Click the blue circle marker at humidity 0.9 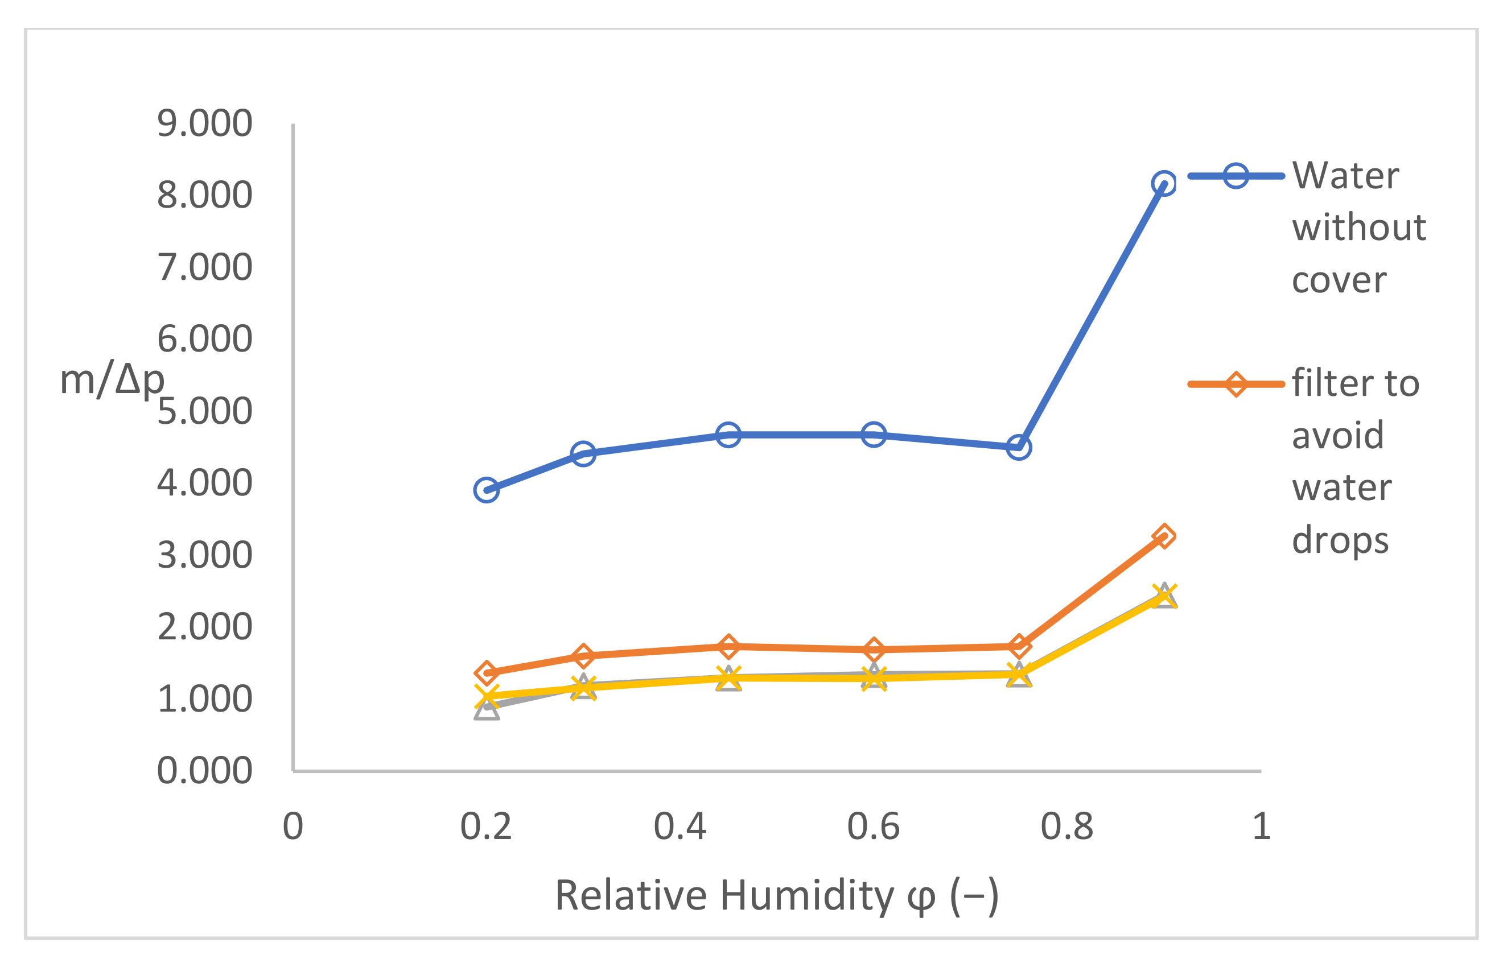pyautogui.click(x=1164, y=183)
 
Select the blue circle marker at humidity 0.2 pyautogui.click(x=487, y=490)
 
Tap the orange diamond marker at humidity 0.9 pyautogui.click(x=1164, y=536)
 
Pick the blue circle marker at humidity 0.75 pyautogui.click(x=1019, y=448)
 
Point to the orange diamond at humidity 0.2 pyautogui.click(x=487, y=673)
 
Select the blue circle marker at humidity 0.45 pyautogui.click(x=728, y=435)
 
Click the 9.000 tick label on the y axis pyautogui.click(x=205, y=123)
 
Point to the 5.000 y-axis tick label pyautogui.click(x=205, y=411)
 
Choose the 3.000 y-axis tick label pyautogui.click(x=205, y=555)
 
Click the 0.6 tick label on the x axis pyautogui.click(x=874, y=827)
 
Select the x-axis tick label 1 pyautogui.click(x=1261, y=827)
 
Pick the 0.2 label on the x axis pyautogui.click(x=486, y=827)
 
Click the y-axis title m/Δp pyautogui.click(x=112, y=381)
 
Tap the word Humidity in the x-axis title pyautogui.click(x=806, y=895)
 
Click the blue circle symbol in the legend pyautogui.click(x=1236, y=176)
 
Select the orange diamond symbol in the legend pyautogui.click(x=1236, y=385)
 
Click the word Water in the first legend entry pyautogui.click(x=1345, y=175)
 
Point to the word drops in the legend pyautogui.click(x=1340, y=540)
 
